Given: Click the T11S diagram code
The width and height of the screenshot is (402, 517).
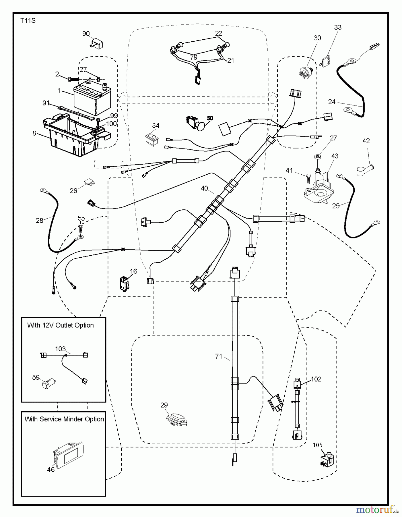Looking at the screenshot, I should (28, 21).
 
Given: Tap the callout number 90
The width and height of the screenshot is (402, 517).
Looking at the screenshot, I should (86, 34).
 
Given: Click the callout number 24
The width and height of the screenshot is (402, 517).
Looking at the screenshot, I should (332, 102).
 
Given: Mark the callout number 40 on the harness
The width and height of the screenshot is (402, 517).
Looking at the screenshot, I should (204, 188).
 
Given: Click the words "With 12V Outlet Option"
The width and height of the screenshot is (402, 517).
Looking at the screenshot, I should (61, 325).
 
